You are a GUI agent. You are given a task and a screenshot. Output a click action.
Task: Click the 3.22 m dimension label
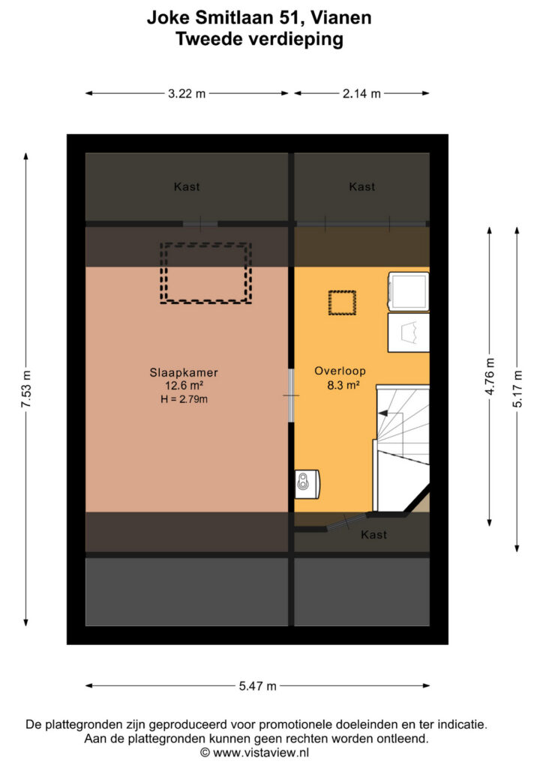click(187, 94)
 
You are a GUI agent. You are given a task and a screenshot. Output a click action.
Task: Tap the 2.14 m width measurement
click(361, 94)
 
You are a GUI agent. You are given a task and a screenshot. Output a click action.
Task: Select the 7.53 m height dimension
click(26, 389)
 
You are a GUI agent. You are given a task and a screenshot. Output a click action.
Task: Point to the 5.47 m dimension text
click(257, 686)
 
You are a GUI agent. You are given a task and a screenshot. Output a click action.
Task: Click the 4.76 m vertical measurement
click(490, 377)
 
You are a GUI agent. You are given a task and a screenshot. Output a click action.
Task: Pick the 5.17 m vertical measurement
click(517, 389)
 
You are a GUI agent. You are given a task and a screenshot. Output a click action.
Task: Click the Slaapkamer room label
click(184, 373)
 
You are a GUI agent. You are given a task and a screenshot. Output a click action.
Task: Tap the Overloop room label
click(340, 371)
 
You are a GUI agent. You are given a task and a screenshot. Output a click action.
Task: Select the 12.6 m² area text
click(184, 386)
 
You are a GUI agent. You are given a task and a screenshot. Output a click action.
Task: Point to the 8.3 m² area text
click(343, 385)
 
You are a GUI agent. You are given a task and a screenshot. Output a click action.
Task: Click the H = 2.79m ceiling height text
click(184, 399)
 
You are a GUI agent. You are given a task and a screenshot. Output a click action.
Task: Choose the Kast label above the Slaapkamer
click(187, 187)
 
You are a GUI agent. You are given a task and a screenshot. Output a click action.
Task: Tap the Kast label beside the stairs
click(373, 535)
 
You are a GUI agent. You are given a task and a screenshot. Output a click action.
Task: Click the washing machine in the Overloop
click(408, 291)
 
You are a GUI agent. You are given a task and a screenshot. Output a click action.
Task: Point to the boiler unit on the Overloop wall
click(307, 484)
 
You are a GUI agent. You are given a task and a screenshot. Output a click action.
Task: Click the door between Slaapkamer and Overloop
click(291, 395)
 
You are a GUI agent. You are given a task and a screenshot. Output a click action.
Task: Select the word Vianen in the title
click(340, 17)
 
